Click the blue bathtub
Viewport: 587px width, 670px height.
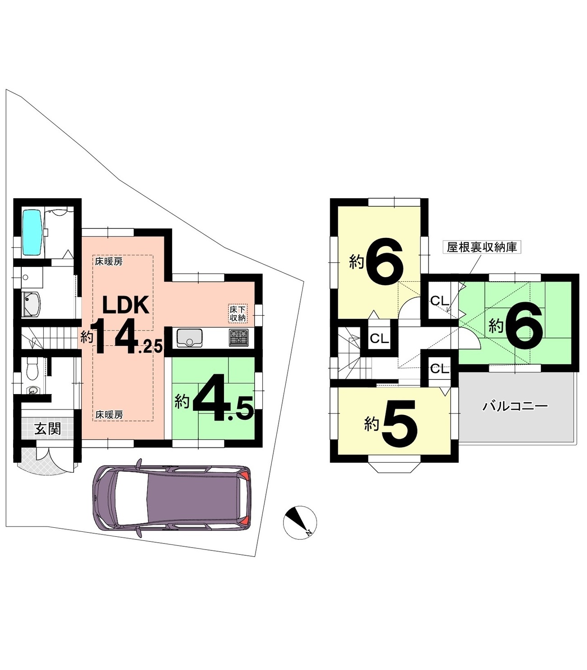pyautogui.click(x=32, y=233)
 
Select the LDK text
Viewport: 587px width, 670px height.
pyautogui.click(x=126, y=305)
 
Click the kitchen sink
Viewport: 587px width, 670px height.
pyautogui.click(x=190, y=338)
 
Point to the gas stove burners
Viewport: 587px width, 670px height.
pyautogui.click(x=238, y=338)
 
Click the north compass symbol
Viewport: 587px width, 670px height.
pyautogui.click(x=300, y=522)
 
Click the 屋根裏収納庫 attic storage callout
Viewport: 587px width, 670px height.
pyautogui.click(x=481, y=247)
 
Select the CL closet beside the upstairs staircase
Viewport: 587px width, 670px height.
pyautogui.click(x=379, y=338)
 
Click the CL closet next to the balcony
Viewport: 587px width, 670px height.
pyautogui.click(x=439, y=368)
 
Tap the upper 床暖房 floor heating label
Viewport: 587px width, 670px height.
pyautogui.click(x=109, y=262)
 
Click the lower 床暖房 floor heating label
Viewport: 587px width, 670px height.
pyautogui.click(x=109, y=415)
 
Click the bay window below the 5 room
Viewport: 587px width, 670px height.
pyautogui.click(x=394, y=468)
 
